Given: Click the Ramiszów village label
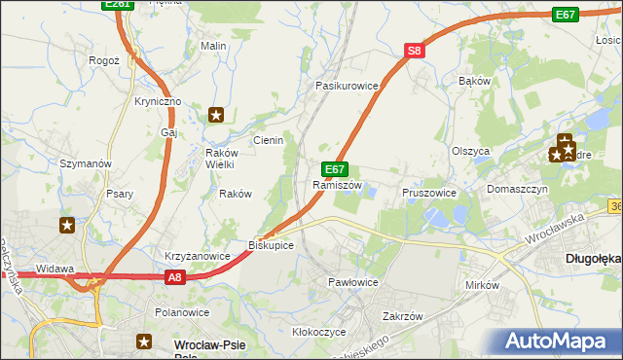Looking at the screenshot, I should (338, 185).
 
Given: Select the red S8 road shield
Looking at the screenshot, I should (415, 52).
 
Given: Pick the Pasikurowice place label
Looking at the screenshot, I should (346, 86).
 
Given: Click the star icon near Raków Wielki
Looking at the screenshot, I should (216, 115).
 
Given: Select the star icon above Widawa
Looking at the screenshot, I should (67, 226).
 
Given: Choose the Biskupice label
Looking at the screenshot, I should (271, 245).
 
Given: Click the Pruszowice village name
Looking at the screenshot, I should (429, 193).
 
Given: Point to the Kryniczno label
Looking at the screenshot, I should (158, 102).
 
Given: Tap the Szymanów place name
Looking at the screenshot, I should (87, 163).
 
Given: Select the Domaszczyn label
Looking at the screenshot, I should (518, 189).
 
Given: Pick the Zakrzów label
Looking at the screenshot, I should (402, 316).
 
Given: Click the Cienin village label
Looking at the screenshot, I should (269, 140).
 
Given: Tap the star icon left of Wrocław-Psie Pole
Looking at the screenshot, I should (145, 342).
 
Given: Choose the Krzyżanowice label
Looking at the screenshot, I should (197, 256).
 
